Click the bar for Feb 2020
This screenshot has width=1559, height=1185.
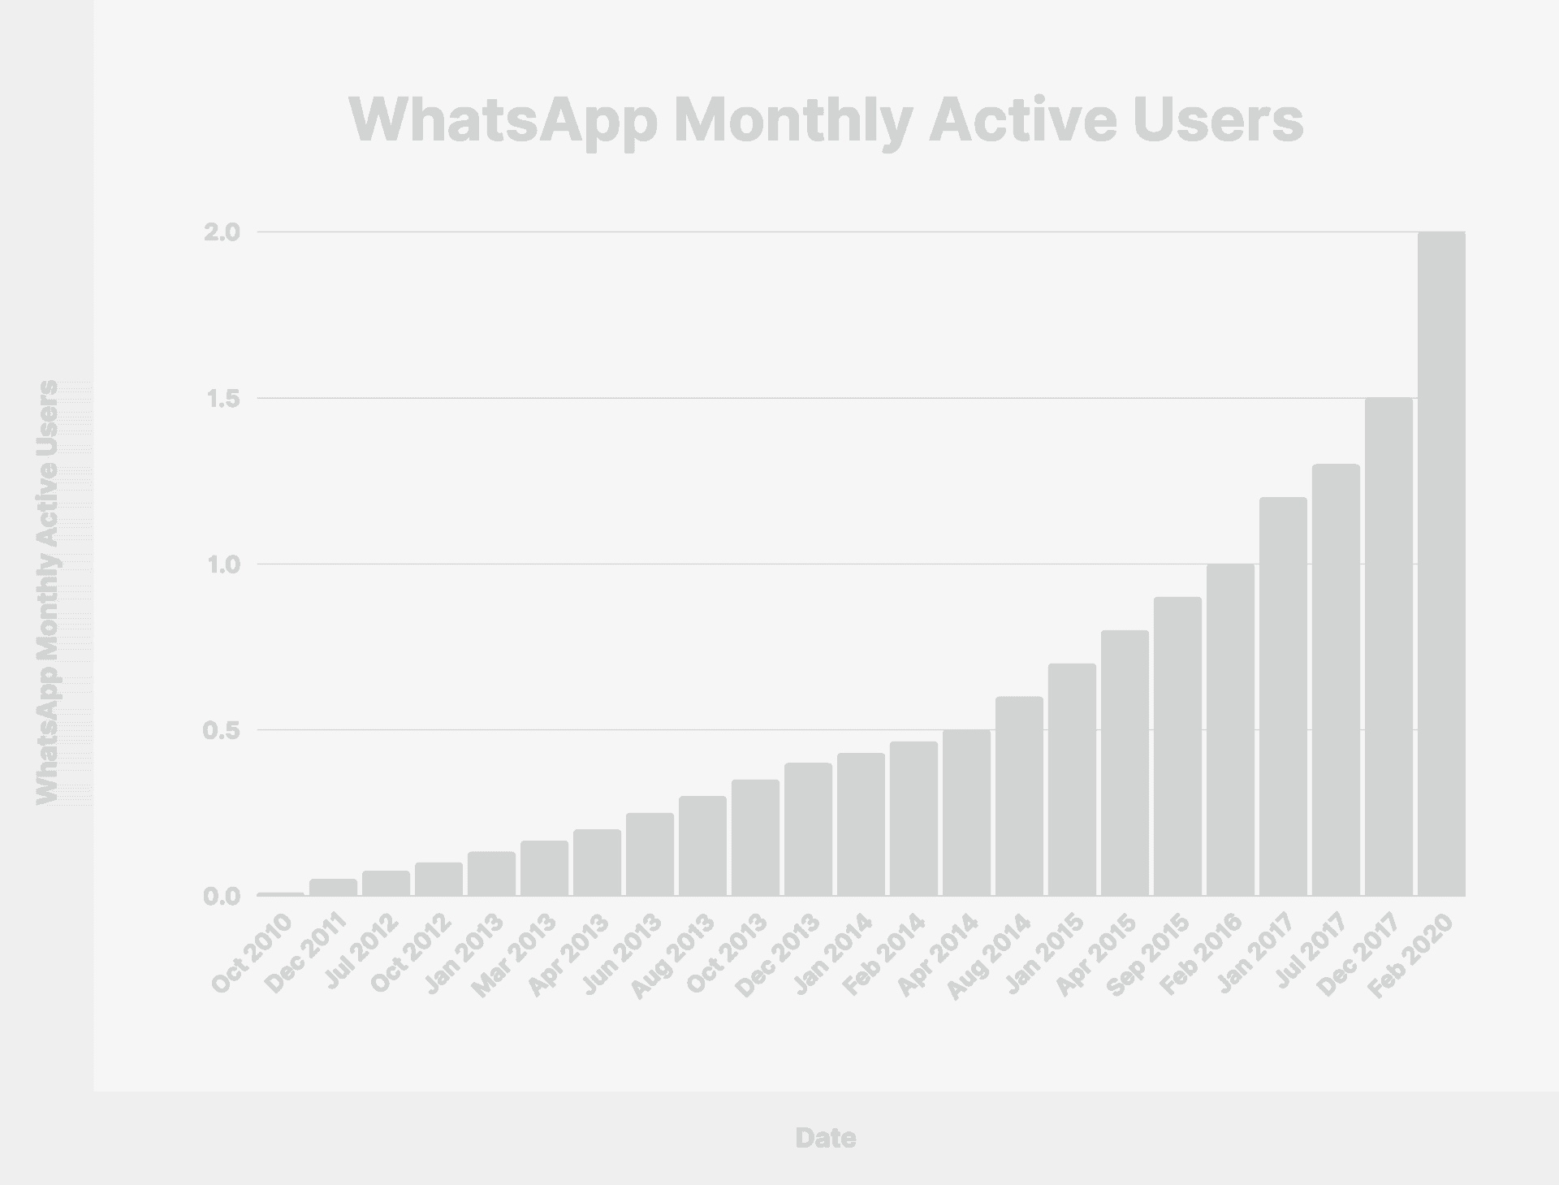pos(1441,564)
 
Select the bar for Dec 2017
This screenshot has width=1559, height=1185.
pos(1388,647)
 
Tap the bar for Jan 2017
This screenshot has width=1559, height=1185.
pos(1283,697)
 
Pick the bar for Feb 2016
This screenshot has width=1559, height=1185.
pos(1230,730)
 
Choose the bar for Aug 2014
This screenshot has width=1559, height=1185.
pos(1019,796)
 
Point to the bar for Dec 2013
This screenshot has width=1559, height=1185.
pos(808,829)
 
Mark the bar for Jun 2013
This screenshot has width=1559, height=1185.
pos(650,854)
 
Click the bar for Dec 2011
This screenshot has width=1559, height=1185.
pos(333,887)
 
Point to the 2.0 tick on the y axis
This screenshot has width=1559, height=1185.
pos(222,232)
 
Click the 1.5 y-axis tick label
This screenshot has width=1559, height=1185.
pos(222,399)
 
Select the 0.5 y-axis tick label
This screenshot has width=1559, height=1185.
pos(222,730)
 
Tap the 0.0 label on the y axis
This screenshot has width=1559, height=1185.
pos(222,897)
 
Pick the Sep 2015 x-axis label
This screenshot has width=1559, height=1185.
pos(1150,955)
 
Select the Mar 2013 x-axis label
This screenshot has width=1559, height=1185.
pos(516,955)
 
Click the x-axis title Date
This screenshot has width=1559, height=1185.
pos(825,1138)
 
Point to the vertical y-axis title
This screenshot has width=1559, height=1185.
pos(48,593)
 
